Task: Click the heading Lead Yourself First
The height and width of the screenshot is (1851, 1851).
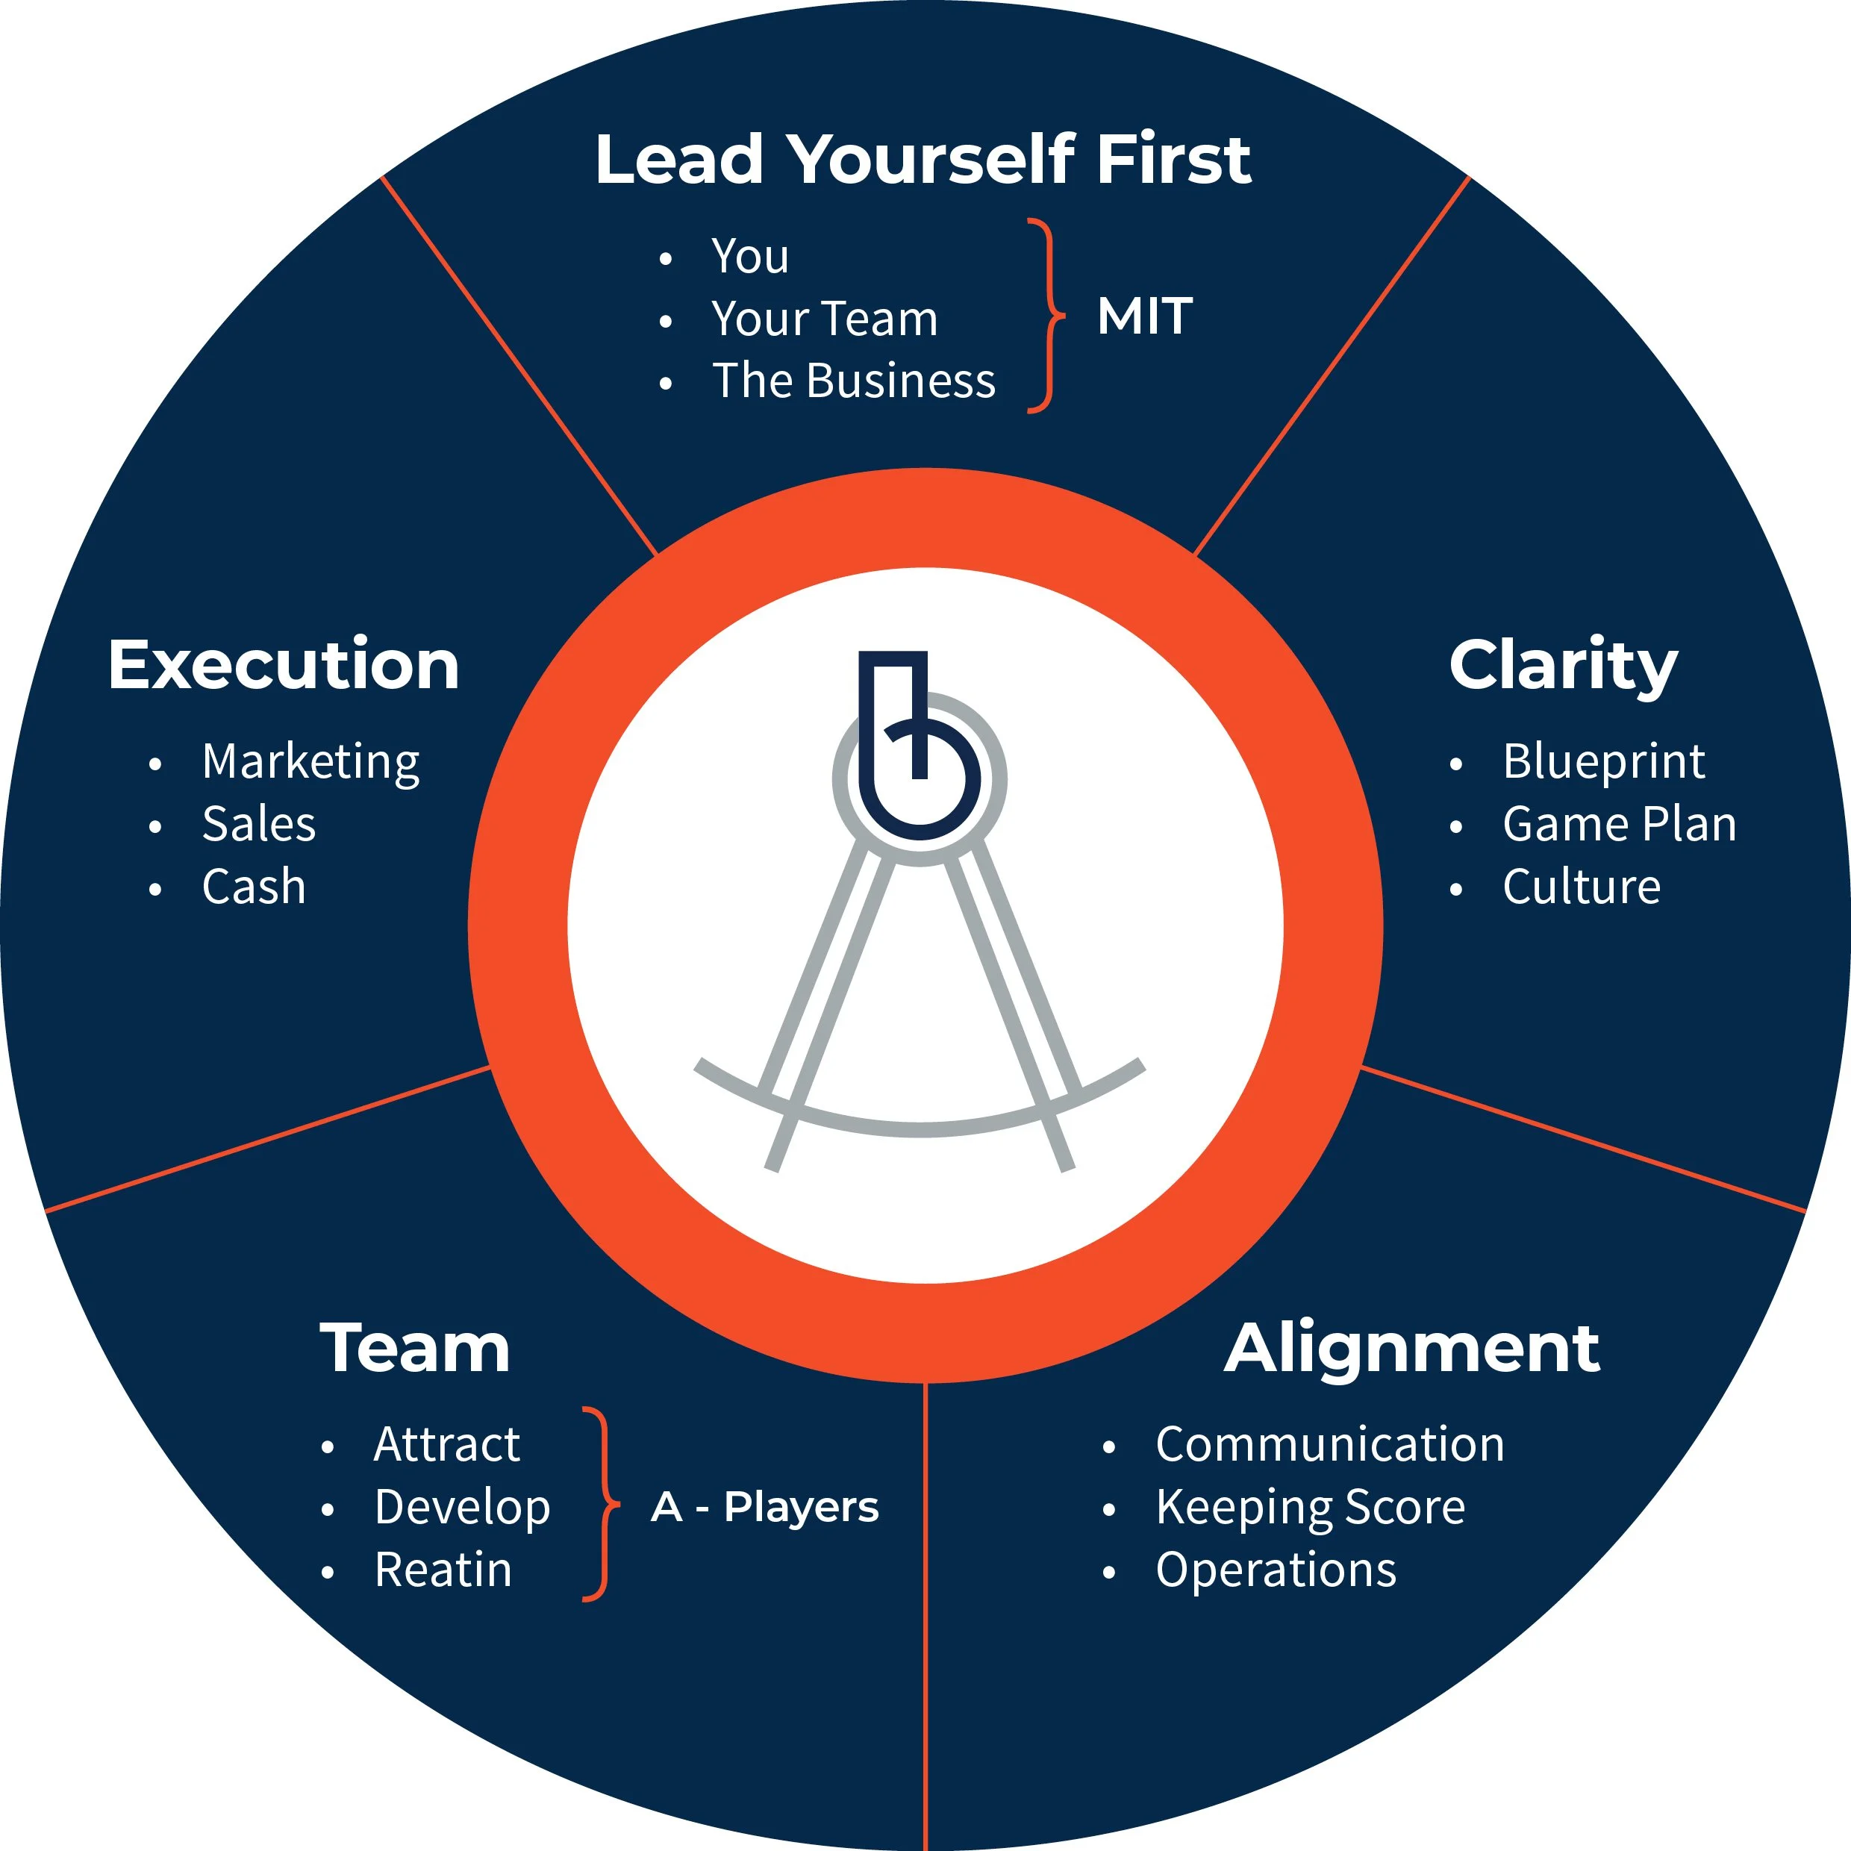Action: click(x=922, y=159)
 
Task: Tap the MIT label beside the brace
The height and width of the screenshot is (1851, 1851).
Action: click(x=1145, y=316)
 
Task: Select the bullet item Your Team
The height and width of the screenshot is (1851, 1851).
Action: click(x=824, y=318)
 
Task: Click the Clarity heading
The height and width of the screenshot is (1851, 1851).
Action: click(x=1563, y=666)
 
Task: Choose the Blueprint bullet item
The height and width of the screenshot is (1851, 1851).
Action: click(x=1603, y=761)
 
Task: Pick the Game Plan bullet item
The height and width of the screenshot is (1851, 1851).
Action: click(x=1619, y=824)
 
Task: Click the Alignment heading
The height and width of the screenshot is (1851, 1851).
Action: click(x=1411, y=1349)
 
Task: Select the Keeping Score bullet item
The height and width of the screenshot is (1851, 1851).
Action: click(x=1310, y=1507)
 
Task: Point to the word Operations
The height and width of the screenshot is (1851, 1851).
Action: click(x=1276, y=1570)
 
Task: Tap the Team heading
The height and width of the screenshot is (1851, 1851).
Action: click(x=415, y=1349)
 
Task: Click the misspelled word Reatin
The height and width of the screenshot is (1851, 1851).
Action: click(x=443, y=1570)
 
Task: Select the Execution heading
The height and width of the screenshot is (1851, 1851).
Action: click(x=284, y=665)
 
